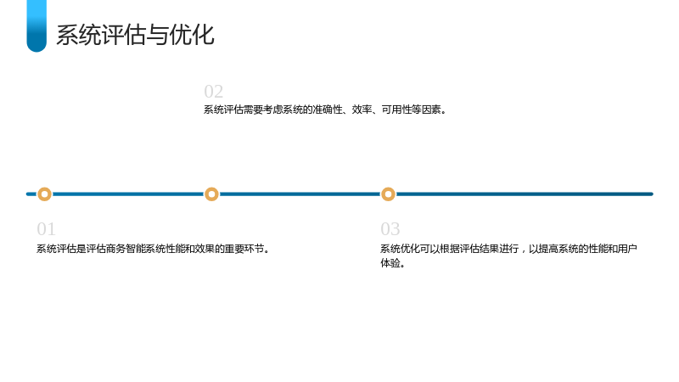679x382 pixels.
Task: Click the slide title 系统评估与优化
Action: [x=135, y=35]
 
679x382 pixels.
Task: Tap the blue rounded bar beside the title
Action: [x=36, y=26]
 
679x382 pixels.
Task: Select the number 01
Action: [x=46, y=229]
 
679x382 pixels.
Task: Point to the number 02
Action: [x=214, y=92]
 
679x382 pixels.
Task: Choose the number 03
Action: [x=390, y=229]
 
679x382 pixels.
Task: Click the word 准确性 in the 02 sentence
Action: [x=328, y=110]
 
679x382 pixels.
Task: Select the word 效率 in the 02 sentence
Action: [x=362, y=110]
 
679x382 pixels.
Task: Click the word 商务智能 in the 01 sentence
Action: [x=126, y=249]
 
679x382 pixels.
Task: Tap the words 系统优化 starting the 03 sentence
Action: [x=400, y=249]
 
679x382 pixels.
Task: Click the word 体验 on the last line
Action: [x=390, y=263]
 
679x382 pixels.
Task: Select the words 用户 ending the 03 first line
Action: [x=627, y=249]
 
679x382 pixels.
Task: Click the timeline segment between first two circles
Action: [x=128, y=194]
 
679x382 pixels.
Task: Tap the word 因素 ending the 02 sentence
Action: [x=431, y=110]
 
